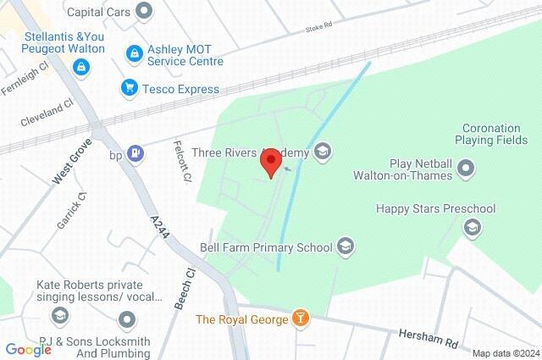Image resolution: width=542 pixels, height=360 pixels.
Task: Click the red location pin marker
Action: click(271, 162)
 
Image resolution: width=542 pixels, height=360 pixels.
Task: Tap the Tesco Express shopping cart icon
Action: click(130, 87)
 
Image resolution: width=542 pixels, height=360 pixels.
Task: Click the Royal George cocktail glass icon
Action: click(299, 319)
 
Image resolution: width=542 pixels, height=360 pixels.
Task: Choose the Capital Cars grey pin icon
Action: click(145, 11)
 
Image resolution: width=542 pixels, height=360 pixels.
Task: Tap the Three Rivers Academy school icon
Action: click(322, 152)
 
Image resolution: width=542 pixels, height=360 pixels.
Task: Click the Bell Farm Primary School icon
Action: click(345, 247)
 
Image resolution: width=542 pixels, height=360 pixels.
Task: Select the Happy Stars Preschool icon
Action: click(472, 227)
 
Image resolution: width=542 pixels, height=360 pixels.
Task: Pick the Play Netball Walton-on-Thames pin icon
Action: click(466, 169)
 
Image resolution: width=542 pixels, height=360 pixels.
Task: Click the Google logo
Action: click(28, 349)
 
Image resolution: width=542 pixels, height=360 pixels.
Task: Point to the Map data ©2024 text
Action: click(505, 353)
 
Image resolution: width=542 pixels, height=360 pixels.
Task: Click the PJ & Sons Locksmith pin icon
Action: click(127, 319)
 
